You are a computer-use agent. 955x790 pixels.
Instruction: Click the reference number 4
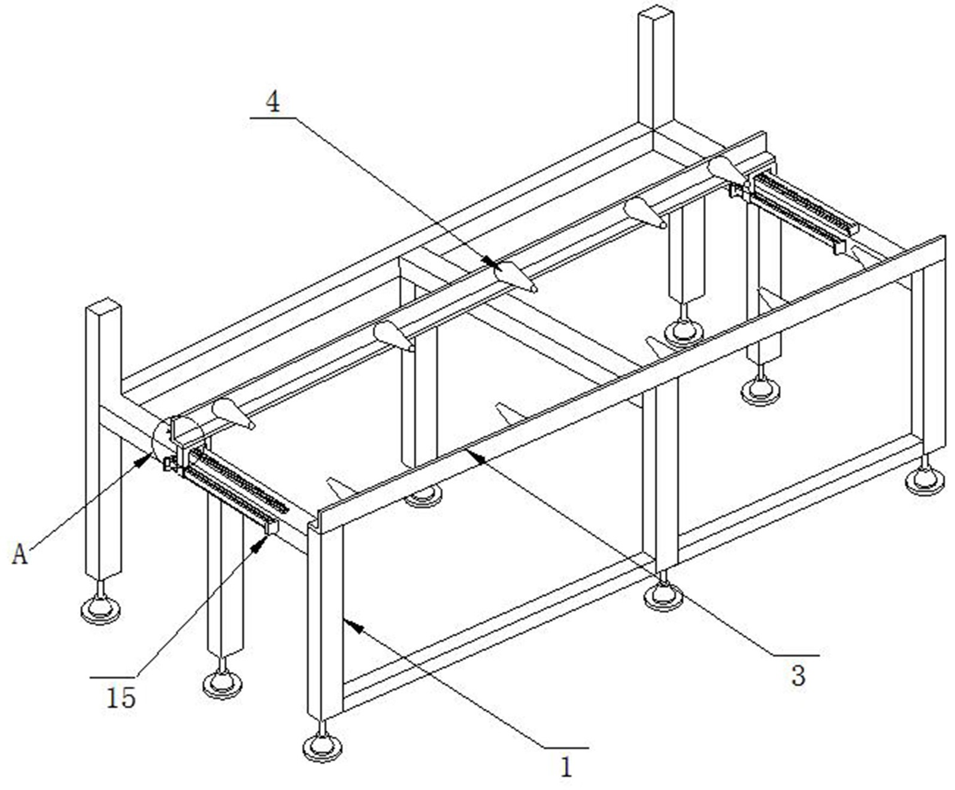(x=272, y=102)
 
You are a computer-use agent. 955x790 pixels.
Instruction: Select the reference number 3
(x=798, y=676)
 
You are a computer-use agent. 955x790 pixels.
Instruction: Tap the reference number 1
(x=566, y=767)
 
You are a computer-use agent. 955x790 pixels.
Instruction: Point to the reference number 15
(x=121, y=697)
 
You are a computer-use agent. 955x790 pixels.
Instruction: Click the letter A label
(x=20, y=555)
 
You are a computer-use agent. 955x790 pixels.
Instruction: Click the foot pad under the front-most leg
(x=322, y=746)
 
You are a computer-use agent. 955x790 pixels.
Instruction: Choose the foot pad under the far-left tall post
(x=101, y=610)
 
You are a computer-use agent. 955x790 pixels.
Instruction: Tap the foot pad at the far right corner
(x=925, y=481)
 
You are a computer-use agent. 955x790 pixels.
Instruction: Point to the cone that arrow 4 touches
(x=515, y=275)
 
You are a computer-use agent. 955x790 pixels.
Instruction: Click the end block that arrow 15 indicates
(x=271, y=527)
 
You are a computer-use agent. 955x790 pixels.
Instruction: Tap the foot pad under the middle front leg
(x=663, y=595)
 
